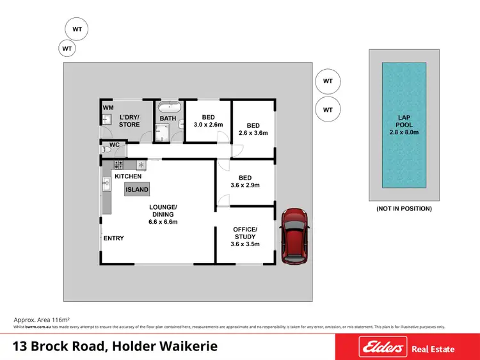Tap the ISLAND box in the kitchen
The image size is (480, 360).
coord(137,189)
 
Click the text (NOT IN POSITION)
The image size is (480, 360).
coord(403,208)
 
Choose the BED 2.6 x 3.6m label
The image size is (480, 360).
coord(253,129)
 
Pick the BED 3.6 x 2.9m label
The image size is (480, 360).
coord(244,182)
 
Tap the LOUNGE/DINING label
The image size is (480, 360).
coord(163,214)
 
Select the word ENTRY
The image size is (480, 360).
coord(114,239)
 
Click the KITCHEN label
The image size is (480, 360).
coord(128,176)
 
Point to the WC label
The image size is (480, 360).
coord(115,145)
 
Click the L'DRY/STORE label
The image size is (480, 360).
coord(130,120)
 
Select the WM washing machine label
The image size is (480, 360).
coord(108,108)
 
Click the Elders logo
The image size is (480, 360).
coord(383,348)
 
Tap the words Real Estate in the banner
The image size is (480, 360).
coord(433,348)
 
